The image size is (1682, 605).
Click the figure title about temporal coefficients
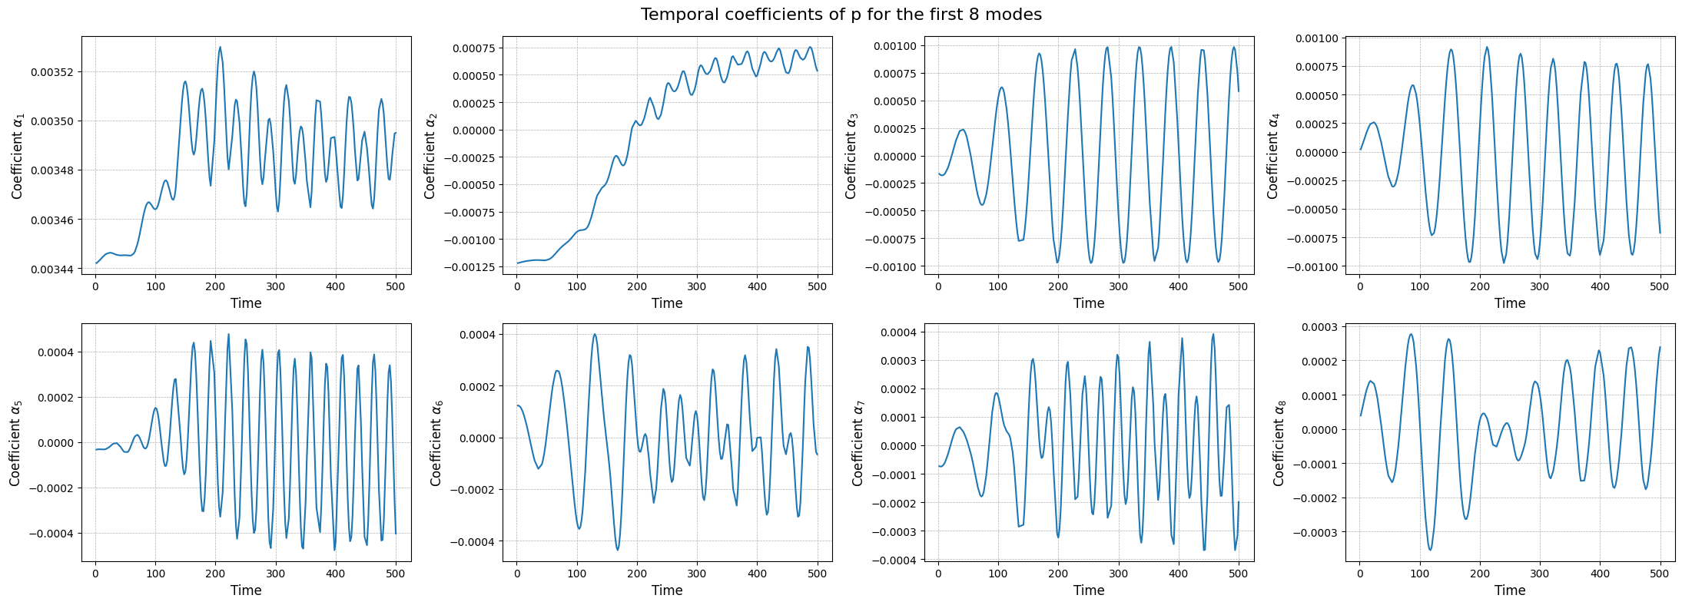[841, 15]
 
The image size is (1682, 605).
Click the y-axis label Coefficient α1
[18, 156]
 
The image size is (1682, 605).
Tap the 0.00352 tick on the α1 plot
[53, 72]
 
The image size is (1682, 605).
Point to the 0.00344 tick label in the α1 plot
[53, 269]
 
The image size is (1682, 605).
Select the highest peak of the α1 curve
[221, 48]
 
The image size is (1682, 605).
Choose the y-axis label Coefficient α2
[430, 156]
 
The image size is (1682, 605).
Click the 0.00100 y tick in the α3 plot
[895, 46]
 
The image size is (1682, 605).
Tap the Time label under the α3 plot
[1088, 303]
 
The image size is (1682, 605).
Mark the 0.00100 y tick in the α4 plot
[1316, 38]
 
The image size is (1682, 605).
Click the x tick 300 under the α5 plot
[276, 574]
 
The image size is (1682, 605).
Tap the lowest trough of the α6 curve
[617, 550]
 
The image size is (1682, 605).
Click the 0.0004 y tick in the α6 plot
[477, 335]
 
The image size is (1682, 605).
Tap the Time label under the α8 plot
[1509, 590]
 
